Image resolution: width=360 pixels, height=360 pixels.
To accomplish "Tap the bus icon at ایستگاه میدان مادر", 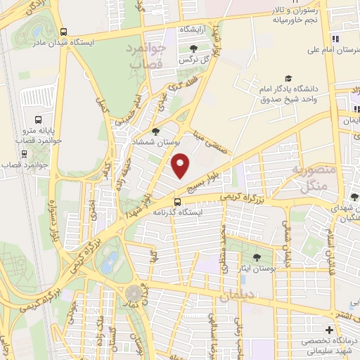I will tap(63, 31).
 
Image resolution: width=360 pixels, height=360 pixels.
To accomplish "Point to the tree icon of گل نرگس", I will tap(194, 48).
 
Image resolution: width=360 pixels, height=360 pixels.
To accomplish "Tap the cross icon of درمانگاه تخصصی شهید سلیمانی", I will tap(328, 330).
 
